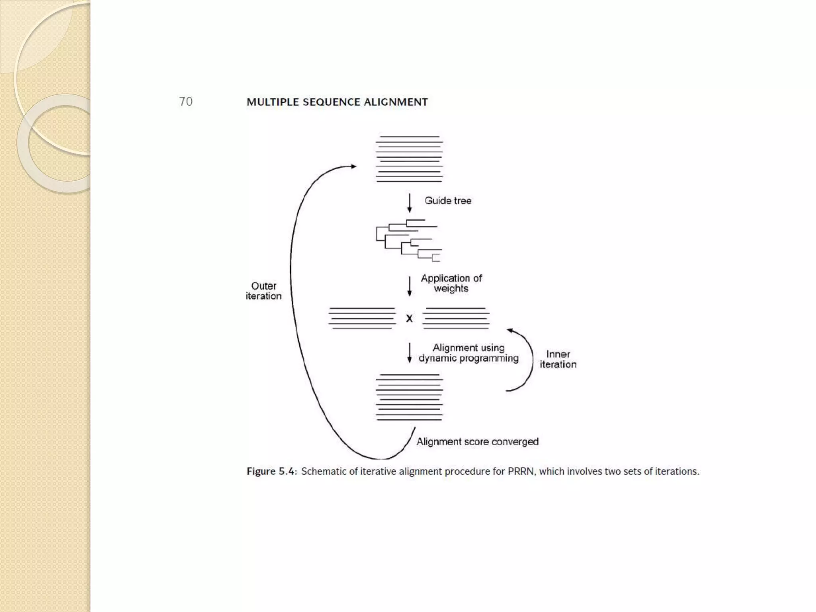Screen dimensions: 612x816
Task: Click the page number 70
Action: click(186, 102)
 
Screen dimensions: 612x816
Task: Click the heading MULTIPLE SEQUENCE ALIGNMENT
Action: click(337, 102)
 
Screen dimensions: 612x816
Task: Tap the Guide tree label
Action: click(448, 200)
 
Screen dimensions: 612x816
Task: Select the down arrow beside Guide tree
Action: click(409, 203)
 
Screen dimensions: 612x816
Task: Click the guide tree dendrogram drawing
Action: click(408, 241)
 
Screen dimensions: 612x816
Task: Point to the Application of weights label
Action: click(451, 283)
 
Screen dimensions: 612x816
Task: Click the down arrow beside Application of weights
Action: click(409, 286)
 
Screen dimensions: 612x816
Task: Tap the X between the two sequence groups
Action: click(409, 318)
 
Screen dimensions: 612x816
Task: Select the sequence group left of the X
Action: click(362, 318)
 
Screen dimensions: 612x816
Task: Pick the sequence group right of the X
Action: click(456, 318)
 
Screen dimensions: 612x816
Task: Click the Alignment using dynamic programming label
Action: click(469, 353)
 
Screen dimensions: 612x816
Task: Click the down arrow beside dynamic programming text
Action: click(409, 353)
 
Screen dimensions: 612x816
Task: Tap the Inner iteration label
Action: click(558, 359)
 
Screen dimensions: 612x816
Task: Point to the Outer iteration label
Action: click(263, 291)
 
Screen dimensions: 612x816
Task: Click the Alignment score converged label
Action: click(477, 441)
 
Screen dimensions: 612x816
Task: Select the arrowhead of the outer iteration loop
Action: click(353, 167)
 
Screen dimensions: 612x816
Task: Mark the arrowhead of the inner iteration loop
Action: click(510, 330)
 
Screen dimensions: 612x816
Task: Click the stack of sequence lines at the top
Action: click(409, 159)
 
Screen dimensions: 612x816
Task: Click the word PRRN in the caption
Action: click(521, 471)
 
